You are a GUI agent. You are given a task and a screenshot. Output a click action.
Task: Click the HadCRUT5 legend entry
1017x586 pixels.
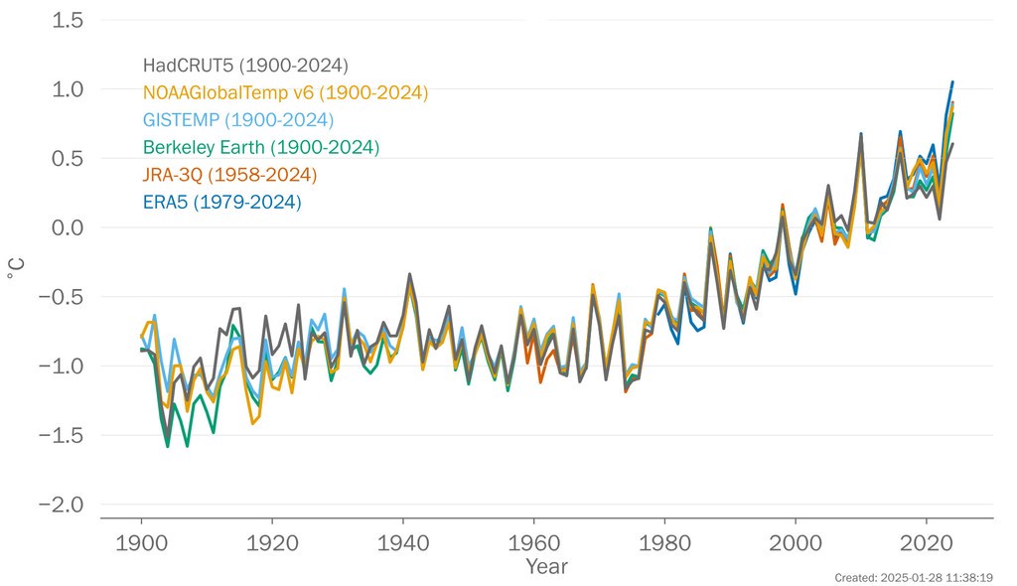pyautogui.click(x=244, y=67)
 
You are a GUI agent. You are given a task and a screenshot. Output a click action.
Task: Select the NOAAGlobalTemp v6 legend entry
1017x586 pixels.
pyautogui.click(x=285, y=93)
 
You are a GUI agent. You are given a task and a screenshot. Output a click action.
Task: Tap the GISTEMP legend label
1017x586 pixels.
pyautogui.click(x=237, y=120)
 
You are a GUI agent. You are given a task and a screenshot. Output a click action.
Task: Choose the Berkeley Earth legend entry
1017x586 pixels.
pyautogui.click(x=261, y=148)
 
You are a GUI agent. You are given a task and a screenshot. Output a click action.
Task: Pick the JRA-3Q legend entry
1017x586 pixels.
pyautogui.click(x=229, y=175)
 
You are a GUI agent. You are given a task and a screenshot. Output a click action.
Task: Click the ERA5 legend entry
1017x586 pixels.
pyautogui.click(x=221, y=202)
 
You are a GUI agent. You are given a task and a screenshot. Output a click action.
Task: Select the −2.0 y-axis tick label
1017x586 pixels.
pyautogui.click(x=56, y=505)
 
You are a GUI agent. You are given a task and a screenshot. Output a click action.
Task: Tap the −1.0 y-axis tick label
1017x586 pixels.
pyautogui.click(x=56, y=366)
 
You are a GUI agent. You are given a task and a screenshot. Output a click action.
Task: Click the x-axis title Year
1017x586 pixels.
pyautogui.click(x=547, y=566)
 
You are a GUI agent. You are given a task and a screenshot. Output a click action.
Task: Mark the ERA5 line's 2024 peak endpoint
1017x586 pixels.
pyautogui.click(x=952, y=82)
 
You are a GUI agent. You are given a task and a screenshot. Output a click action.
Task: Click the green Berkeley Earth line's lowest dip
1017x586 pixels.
pyautogui.click(x=167, y=446)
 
